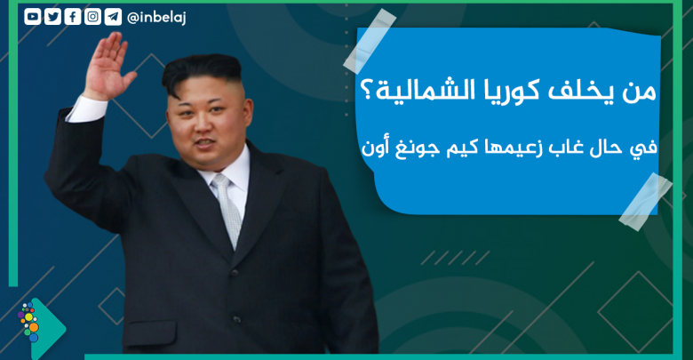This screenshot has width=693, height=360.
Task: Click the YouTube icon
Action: click(x=33, y=17)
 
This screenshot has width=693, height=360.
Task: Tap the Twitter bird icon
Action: click(x=52, y=17)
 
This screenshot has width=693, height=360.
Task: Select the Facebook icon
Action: click(x=73, y=17)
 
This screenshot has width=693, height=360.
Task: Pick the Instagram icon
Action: click(x=92, y=17)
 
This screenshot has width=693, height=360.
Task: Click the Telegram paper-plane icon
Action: click(x=113, y=17)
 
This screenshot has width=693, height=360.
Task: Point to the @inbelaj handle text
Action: click(x=156, y=17)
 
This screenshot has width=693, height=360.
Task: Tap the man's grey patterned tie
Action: click(x=227, y=207)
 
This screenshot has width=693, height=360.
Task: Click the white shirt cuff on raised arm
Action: click(x=87, y=108)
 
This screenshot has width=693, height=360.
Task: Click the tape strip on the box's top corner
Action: click(x=370, y=40)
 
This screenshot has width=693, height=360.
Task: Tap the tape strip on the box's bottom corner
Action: click(x=646, y=201)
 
